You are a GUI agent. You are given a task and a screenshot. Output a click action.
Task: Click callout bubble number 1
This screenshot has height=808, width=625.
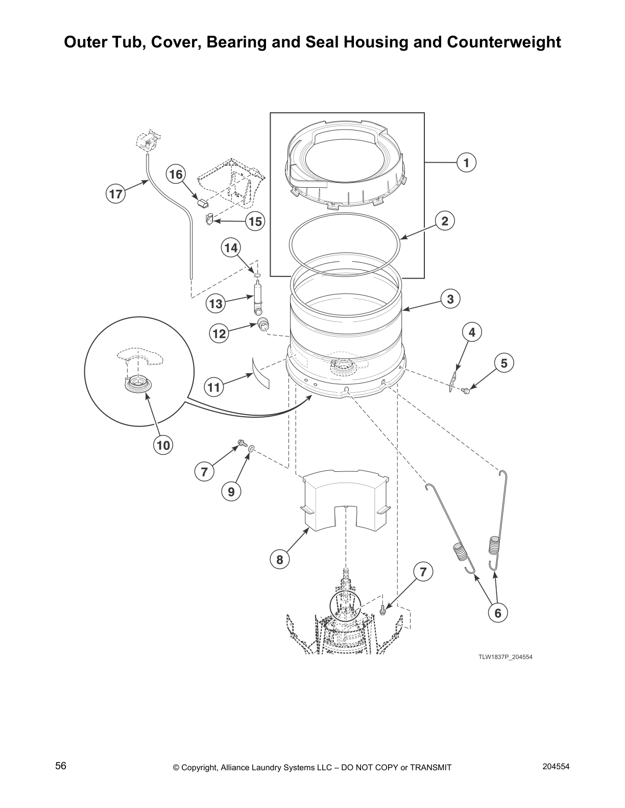466,162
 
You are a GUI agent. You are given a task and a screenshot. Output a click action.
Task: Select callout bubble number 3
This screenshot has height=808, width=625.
450,299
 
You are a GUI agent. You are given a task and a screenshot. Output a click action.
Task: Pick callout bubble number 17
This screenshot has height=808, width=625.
116,194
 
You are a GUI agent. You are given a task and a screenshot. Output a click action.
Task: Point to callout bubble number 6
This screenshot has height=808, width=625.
498,613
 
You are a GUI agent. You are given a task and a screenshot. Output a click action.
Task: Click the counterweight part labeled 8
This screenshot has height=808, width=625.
345,497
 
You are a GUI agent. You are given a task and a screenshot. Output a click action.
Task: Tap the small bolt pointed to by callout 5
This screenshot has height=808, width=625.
466,391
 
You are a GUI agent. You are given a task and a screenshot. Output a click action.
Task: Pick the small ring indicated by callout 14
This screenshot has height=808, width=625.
258,276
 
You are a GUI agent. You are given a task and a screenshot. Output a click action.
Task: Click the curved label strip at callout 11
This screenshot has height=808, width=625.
261,372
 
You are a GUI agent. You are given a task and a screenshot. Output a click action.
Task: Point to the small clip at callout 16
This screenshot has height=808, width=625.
203,203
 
